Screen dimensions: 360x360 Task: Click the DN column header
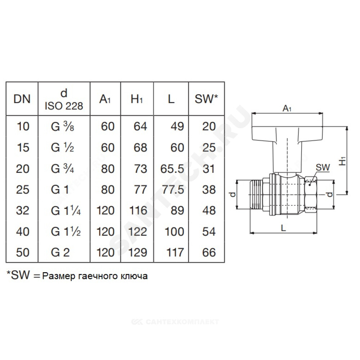tap(22, 99)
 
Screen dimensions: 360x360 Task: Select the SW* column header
tap(206, 99)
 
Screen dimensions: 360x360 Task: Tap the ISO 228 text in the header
tap(64, 106)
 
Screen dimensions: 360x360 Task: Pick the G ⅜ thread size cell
tap(62, 126)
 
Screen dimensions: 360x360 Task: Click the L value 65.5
tap(172, 169)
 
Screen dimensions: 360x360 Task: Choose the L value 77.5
tap(173, 190)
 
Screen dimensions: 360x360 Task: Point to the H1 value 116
tap(138, 211)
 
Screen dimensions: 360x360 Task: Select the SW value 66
tap(209, 253)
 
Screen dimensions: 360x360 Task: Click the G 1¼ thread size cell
tap(66, 211)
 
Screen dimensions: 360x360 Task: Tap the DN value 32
tap(23, 211)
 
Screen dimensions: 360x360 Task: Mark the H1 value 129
tap(137, 253)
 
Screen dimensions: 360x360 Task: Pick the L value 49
tap(177, 126)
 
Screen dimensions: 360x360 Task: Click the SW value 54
tap(209, 231)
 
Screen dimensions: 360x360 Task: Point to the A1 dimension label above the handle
tap(287, 108)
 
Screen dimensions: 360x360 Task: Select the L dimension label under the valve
tap(284, 228)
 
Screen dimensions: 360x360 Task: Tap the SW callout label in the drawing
tap(323, 168)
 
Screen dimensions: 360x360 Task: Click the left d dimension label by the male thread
tap(233, 195)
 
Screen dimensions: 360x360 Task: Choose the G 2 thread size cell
tap(60, 253)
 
